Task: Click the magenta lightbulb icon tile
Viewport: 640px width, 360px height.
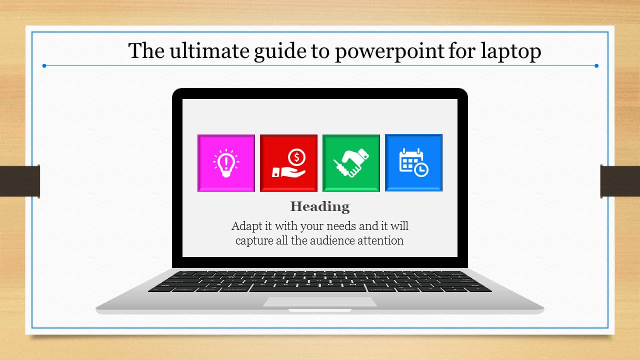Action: (226, 163)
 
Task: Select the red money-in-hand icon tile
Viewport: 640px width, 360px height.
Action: (288, 163)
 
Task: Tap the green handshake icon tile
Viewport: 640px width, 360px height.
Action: (351, 163)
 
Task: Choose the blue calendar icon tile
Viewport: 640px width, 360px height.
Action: (413, 163)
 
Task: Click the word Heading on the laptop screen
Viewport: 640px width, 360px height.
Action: (320, 206)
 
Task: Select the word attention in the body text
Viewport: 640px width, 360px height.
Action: (380, 240)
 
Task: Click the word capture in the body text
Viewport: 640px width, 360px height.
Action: (254, 241)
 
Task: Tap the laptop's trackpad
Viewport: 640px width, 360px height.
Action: (320, 301)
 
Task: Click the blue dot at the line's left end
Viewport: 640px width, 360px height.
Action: (44, 65)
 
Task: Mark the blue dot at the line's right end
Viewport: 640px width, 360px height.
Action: (596, 65)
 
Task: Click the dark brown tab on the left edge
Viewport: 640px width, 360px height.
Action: (19, 181)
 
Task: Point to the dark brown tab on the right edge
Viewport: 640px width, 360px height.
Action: (620, 181)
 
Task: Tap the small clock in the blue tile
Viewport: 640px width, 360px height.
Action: (421, 170)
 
